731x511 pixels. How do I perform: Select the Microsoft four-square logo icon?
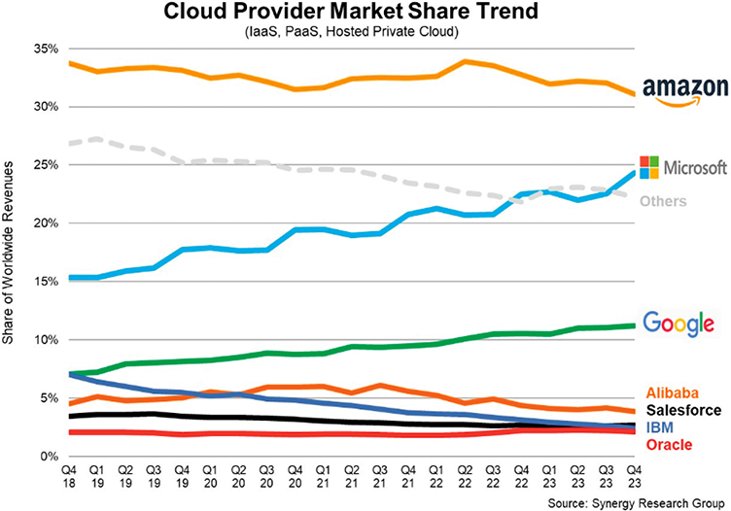[x=647, y=166]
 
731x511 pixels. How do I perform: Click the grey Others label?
[x=663, y=201]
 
